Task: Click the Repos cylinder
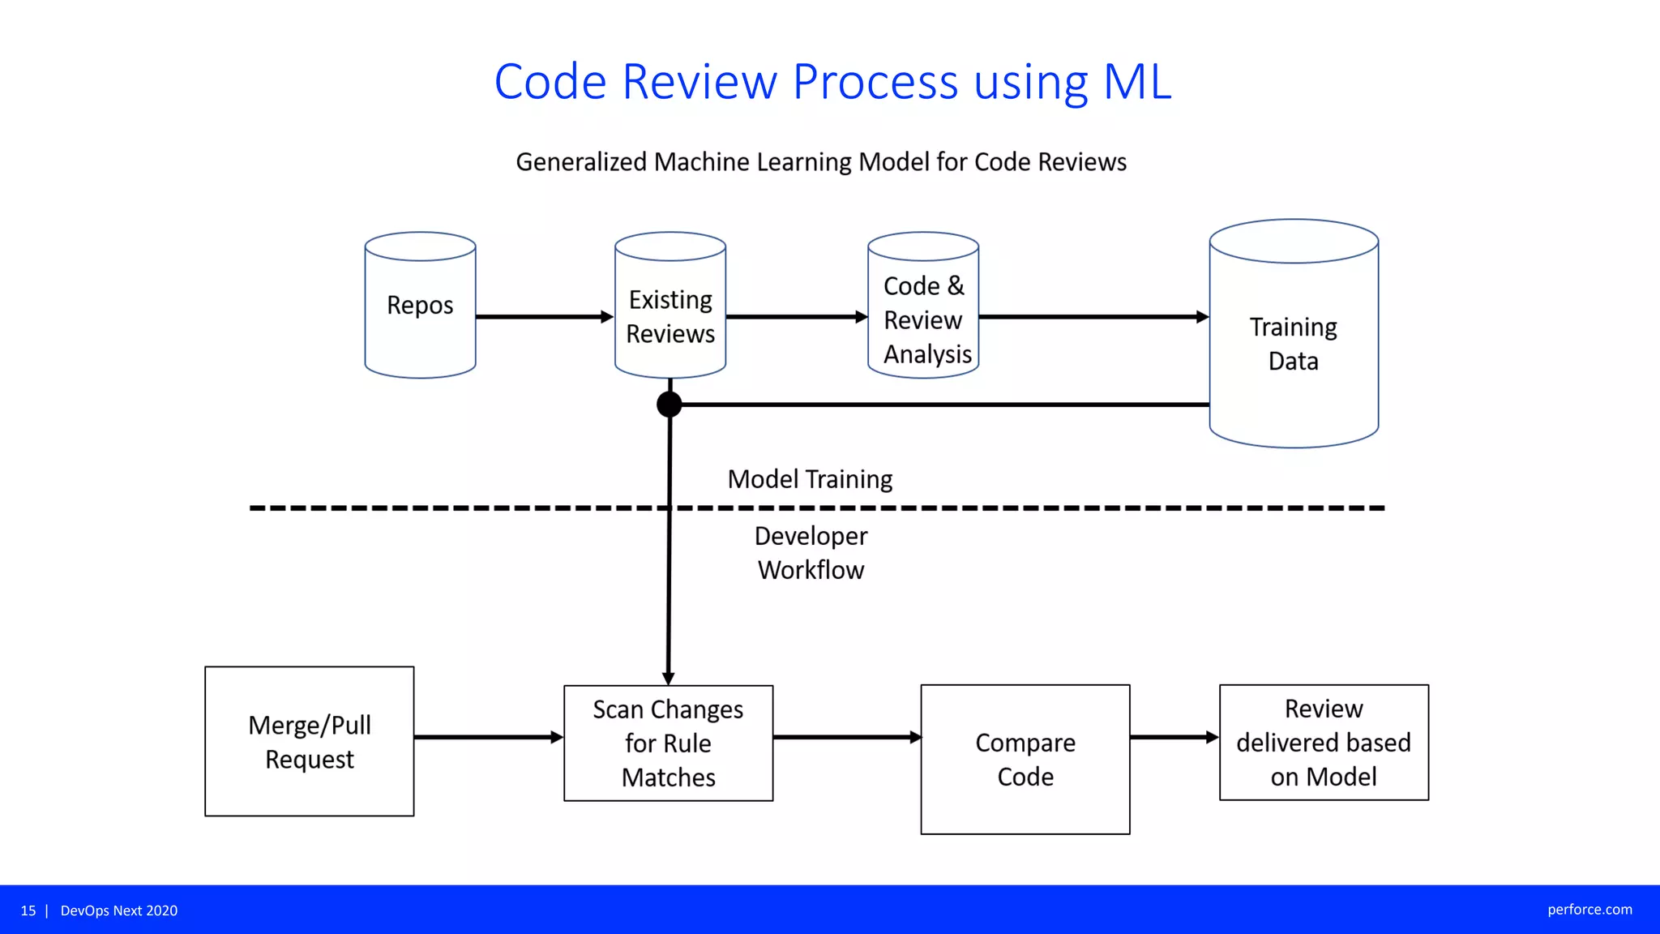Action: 420,306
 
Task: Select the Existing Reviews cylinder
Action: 670,316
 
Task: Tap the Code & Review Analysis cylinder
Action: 923,319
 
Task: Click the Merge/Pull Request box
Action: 310,741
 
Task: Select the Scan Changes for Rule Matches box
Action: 668,743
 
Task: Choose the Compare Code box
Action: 1025,759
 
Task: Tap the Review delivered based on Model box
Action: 1324,742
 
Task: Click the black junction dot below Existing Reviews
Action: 669,404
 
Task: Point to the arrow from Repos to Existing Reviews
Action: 543,316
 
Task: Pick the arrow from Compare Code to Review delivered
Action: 1174,737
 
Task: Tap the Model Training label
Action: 810,479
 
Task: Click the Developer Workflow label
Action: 811,553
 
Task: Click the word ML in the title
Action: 1137,82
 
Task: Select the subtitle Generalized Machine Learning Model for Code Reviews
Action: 821,162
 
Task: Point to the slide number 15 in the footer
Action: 28,910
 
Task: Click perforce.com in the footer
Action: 1589,910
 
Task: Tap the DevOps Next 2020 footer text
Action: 119,910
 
